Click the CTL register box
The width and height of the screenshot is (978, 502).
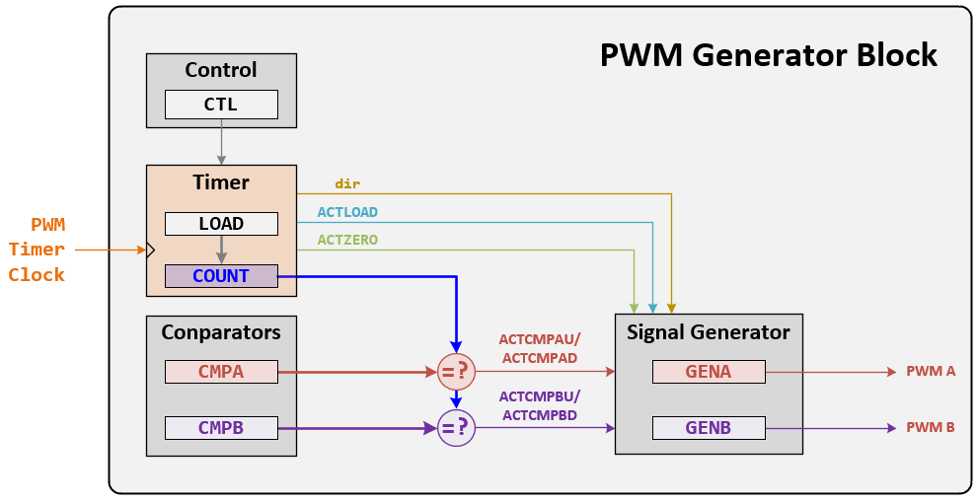tap(221, 105)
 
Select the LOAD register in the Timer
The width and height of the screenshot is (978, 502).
tap(221, 224)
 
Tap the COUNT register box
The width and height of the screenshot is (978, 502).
tap(221, 276)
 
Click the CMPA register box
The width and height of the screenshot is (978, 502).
tap(221, 372)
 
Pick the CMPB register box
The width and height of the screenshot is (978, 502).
tap(221, 428)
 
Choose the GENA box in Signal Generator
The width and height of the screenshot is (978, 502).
tap(708, 372)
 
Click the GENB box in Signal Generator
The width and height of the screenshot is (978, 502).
tap(708, 428)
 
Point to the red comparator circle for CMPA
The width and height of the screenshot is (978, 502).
tap(456, 372)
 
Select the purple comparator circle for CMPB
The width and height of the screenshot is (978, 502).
tap(456, 428)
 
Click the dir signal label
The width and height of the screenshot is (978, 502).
tap(347, 184)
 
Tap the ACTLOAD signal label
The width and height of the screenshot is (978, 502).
tap(347, 212)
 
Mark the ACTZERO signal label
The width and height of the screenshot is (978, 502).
tap(347, 240)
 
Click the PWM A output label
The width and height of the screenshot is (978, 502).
tap(931, 372)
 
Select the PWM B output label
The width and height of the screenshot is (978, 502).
tap(931, 428)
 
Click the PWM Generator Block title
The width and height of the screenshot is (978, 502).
tap(768, 55)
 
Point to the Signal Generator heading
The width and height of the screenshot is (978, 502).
tap(708, 332)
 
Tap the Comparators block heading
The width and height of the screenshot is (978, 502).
tap(221, 332)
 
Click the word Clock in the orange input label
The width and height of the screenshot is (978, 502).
tap(38, 275)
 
